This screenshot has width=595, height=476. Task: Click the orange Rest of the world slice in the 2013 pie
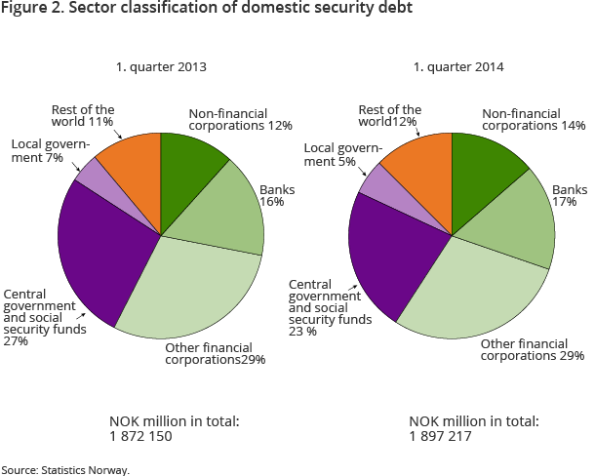pyautogui.click(x=132, y=166)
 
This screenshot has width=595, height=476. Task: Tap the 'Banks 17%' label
pyautogui.click(x=570, y=196)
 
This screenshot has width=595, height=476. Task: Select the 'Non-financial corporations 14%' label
pyautogui.click(x=534, y=119)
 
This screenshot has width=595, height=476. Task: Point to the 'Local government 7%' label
pyautogui.click(x=51, y=151)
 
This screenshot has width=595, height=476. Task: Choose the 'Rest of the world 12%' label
pyautogui.click(x=390, y=116)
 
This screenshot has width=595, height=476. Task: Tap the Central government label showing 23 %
pyautogui.click(x=330, y=304)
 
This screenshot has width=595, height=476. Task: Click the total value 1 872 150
pyautogui.click(x=140, y=436)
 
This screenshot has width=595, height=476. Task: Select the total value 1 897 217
pyautogui.click(x=440, y=436)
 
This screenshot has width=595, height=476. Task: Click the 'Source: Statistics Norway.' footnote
pyautogui.click(x=65, y=469)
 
